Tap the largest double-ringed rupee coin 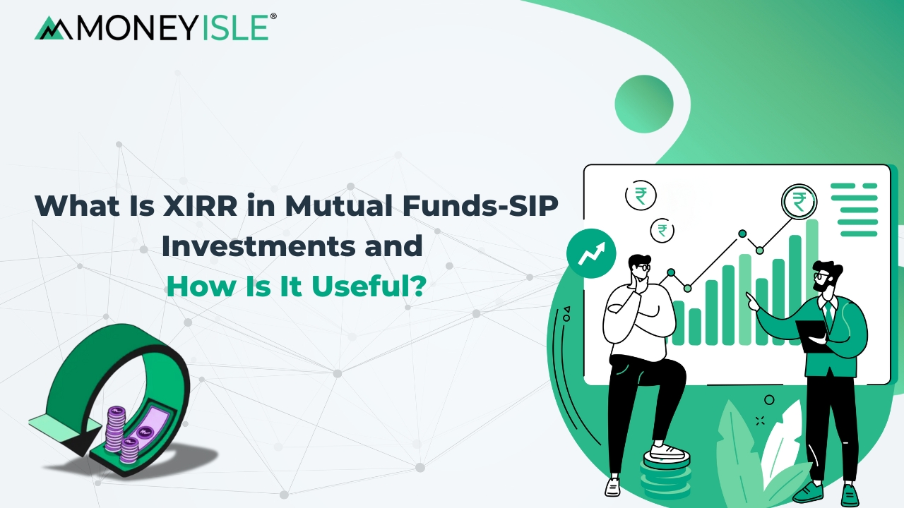pos(799,203)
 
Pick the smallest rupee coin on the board pos(662,229)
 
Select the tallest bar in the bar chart pos(811,282)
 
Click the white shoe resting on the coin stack pos(667,452)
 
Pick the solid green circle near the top pos(643,104)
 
